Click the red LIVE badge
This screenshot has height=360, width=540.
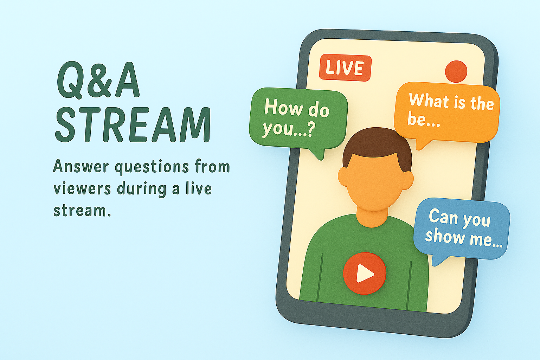[345, 68]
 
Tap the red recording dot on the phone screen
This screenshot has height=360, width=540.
[456, 71]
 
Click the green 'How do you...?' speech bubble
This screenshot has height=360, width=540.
[298, 120]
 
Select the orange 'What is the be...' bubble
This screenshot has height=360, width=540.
[447, 112]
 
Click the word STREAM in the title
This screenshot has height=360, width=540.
[133, 125]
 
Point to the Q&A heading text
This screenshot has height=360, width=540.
[98, 80]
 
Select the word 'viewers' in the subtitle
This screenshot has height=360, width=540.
[82, 188]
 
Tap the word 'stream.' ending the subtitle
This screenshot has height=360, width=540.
[82, 210]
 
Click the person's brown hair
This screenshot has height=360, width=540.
[377, 147]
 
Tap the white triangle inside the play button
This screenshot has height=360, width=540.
[364, 273]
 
